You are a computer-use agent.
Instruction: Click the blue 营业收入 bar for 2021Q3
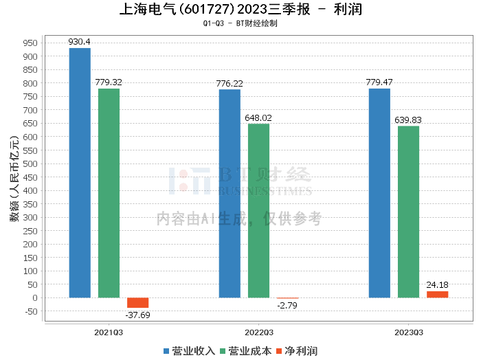click(80, 173)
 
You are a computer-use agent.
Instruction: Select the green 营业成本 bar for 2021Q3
click(109, 193)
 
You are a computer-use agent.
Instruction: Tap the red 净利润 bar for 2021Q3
click(137, 303)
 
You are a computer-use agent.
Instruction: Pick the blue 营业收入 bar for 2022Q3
click(230, 194)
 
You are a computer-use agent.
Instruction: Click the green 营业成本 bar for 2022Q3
click(258, 211)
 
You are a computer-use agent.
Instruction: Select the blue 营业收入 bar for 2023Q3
click(379, 193)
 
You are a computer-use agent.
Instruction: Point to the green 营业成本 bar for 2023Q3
click(409, 212)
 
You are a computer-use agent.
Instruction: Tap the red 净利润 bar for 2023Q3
click(438, 294)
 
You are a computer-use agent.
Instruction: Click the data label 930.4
click(80, 42)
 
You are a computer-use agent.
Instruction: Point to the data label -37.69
click(137, 315)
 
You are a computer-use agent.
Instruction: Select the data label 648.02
click(258, 117)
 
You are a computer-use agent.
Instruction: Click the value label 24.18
click(438, 285)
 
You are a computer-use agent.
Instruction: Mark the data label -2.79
click(287, 306)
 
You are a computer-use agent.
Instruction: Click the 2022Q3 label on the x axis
click(259, 333)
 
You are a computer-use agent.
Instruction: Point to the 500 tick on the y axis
click(30, 164)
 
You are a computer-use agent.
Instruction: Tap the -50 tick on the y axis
click(30, 311)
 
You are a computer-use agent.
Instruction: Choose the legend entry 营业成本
click(246, 351)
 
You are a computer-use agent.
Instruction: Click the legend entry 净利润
click(297, 351)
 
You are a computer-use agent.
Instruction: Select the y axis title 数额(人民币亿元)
click(14, 179)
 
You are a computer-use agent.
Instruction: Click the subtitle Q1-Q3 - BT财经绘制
click(240, 23)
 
